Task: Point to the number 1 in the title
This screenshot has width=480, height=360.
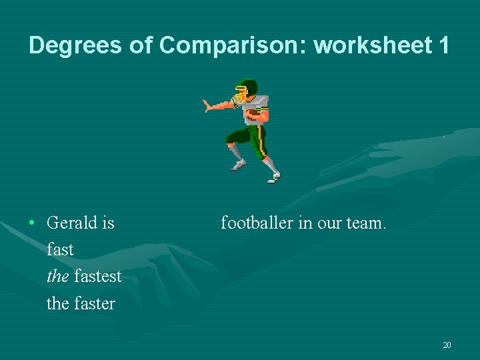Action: pyautogui.click(x=443, y=45)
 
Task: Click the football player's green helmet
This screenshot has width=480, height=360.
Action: pyautogui.click(x=247, y=89)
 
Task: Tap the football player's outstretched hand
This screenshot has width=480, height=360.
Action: pyautogui.click(x=209, y=105)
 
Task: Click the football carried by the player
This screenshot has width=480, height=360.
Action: pyautogui.click(x=253, y=116)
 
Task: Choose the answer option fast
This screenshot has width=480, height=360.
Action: pyautogui.click(x=60, y=249)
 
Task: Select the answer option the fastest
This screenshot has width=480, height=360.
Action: pyautogui.click(x=85, y=276)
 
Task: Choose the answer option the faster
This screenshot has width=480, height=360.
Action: pyautogui.click(x=81, y=303)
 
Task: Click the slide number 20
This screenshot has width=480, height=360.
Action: pyautogui.click(x=447, y=345)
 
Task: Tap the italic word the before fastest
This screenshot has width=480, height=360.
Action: pyautogui.click(x=58, y=276)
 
